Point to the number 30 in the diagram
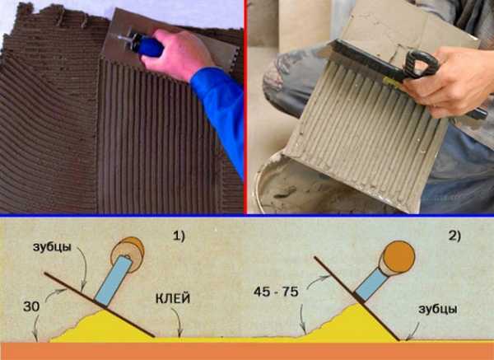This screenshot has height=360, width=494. (31, 306)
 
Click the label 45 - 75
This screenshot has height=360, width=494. (276, 292)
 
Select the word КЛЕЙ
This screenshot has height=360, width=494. (173, 298)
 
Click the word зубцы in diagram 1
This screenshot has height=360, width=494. (52, 247)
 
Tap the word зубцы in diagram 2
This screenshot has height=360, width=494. (438, 310)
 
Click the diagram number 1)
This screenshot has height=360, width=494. (179, 236)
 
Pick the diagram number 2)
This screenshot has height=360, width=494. (454, 236)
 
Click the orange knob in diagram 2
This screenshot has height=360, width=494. (398, 256)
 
